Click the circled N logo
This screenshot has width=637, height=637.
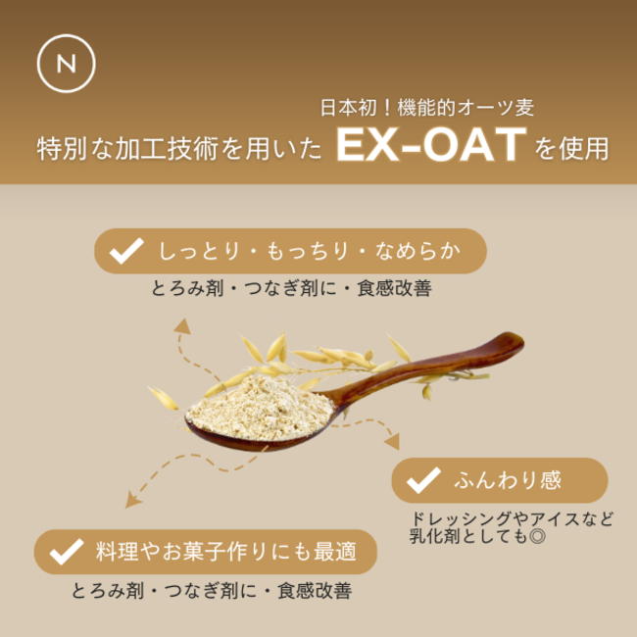coord(67,64)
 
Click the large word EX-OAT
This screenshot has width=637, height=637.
coord(431,145)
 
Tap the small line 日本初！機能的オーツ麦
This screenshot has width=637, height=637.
coord(427,108)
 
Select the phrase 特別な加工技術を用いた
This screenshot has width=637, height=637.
coord(179,149)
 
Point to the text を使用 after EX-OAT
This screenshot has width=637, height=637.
coord(571,149)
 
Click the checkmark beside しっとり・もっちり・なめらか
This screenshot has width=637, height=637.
coord(126,251)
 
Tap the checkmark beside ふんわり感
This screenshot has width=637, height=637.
coord(423,480)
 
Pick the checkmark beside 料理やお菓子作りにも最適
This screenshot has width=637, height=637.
coord(67,552)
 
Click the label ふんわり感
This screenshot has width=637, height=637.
coord(508,480)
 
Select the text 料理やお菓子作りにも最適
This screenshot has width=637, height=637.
coord(226,552)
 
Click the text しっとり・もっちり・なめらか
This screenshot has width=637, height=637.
coord(310,251)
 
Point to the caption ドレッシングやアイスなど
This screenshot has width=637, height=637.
coord(512,518)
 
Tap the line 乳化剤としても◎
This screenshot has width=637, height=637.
coord(478,536)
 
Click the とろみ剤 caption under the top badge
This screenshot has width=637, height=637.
coord(291,288)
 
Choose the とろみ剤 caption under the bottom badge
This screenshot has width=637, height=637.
coord(212,591)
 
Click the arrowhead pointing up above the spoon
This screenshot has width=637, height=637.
coord(183,326)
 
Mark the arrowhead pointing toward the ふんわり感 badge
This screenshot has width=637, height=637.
coord(392,442)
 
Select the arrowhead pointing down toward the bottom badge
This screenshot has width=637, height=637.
coord(132,500)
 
